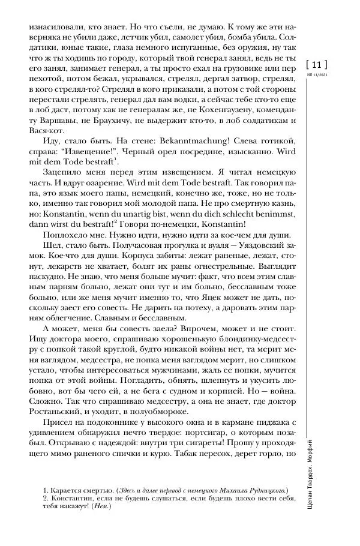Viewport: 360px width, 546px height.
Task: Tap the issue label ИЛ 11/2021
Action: [x=317, y=74]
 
